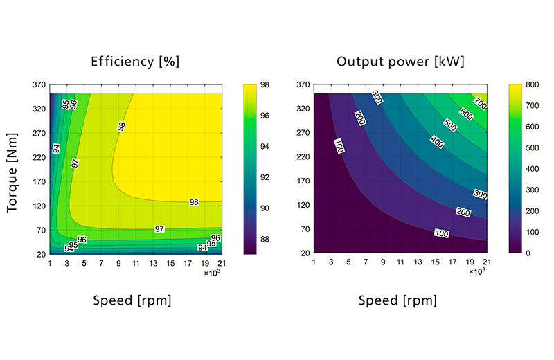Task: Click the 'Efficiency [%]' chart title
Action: click(135, 62)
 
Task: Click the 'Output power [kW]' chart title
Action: click(400, 62)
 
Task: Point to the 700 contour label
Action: click(480, 104)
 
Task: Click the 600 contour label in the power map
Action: click(465, 116)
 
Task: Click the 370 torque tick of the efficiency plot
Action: click(38, 85)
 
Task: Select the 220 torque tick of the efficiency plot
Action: click(38, 157)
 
